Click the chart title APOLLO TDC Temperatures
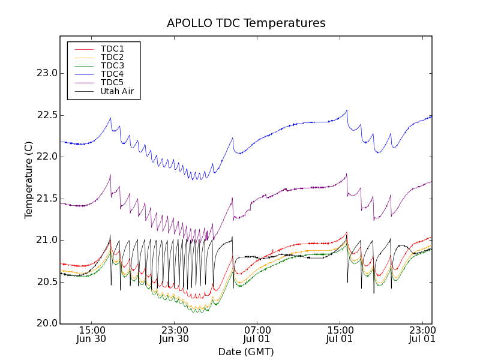(x=246, y=23)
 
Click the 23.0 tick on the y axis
(x=46, y=73)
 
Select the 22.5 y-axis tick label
(x=46, y=115)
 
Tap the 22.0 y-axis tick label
(x=46, y=157)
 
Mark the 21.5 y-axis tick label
(x=46, y=199)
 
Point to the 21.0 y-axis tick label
(x=46, y=240)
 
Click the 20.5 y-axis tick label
(x=46, y=282)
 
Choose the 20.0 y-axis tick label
(x=46, y=323)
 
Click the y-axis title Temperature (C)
(x=29, y=179)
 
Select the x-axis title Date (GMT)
(x=246, y=352)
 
